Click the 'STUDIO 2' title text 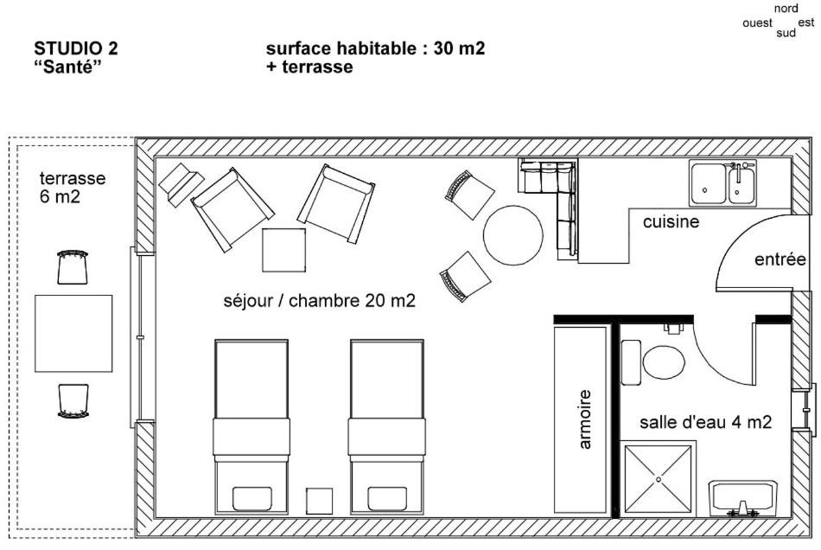(76, 48)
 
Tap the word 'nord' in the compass (786, 9)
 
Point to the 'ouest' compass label (757, 23)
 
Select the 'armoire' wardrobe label (585, 419)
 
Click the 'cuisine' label (671, 221)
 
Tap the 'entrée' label (780, 259)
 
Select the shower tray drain (659, 479)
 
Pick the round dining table (513, 235)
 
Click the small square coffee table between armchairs (283, 250)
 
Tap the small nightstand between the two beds (320, 501)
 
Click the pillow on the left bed (251, 499)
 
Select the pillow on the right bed (387, 499)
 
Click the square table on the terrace (73, 334)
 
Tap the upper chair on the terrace (73, 266)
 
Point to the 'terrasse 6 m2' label (73, 188)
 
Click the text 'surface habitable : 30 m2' (375, 48)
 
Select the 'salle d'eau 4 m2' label (705, 422)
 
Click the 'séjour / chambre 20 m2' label (320, 301)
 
